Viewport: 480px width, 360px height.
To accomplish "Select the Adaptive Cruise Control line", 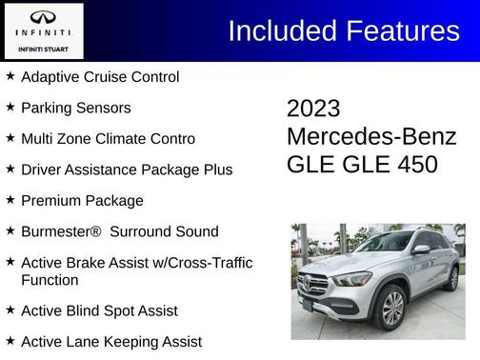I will click(99, 77).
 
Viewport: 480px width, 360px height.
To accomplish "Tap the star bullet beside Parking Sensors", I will click(10, 108).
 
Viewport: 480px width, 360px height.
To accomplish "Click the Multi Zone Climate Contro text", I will click(108, 139).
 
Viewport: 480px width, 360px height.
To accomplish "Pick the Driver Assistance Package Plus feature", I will click(126, 170).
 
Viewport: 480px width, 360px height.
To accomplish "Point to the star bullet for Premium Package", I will click(10, 200).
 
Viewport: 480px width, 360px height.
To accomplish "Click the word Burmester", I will click(59, 231).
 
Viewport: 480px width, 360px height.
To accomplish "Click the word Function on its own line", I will click(50, 280).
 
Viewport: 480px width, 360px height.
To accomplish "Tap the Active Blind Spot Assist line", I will click(99, 310).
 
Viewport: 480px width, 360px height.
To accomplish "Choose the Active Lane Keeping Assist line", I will click(110, 341).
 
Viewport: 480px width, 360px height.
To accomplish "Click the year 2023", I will click(313, 109).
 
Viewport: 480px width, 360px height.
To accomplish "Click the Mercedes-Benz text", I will click(371, 136).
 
